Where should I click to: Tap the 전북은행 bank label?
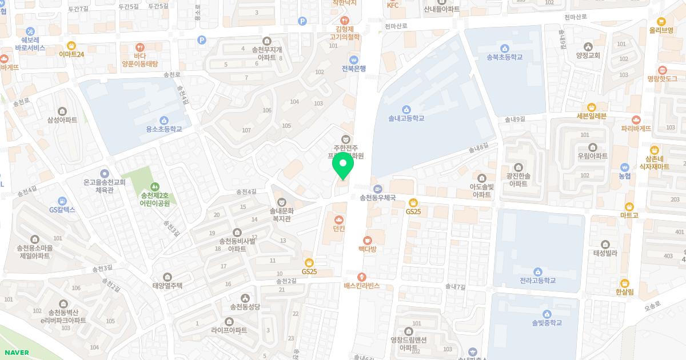353,69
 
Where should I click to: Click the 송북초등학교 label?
504,57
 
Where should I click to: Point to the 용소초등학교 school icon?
164,120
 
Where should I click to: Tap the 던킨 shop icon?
339,219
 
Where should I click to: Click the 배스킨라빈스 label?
361,286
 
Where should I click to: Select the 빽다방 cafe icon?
367,241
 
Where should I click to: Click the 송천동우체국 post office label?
377,198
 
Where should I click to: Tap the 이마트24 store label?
71,54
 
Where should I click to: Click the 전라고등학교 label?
537,281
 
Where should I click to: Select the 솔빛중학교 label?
547,323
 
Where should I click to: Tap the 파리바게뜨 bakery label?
636,129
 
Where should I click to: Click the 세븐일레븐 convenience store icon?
591,107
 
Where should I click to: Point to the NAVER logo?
15,353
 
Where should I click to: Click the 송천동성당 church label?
245,307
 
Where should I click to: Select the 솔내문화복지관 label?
281,214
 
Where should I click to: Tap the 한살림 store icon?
625,283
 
